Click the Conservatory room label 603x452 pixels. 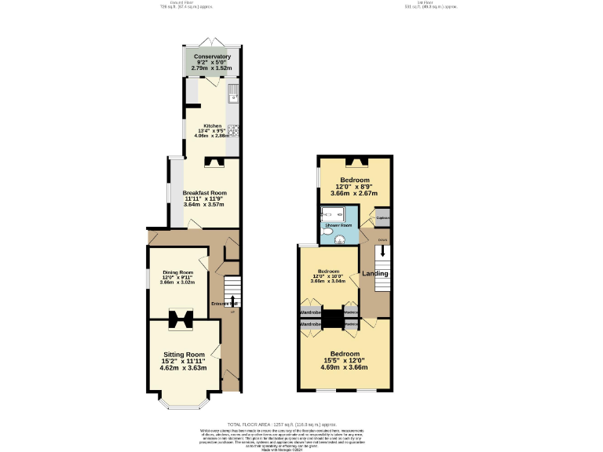tap(213, 56)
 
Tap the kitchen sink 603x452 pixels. tap(233, 97)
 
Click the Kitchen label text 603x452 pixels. tap(213, 126)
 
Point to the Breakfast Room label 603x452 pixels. tap(204, 193)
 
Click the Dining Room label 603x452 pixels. tap(177, 272)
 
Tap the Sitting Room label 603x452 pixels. tap(183, 354)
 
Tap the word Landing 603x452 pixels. tap(375, 274)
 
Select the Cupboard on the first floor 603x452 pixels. tap(382, 217)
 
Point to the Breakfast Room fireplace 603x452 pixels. tap(214, 163)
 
